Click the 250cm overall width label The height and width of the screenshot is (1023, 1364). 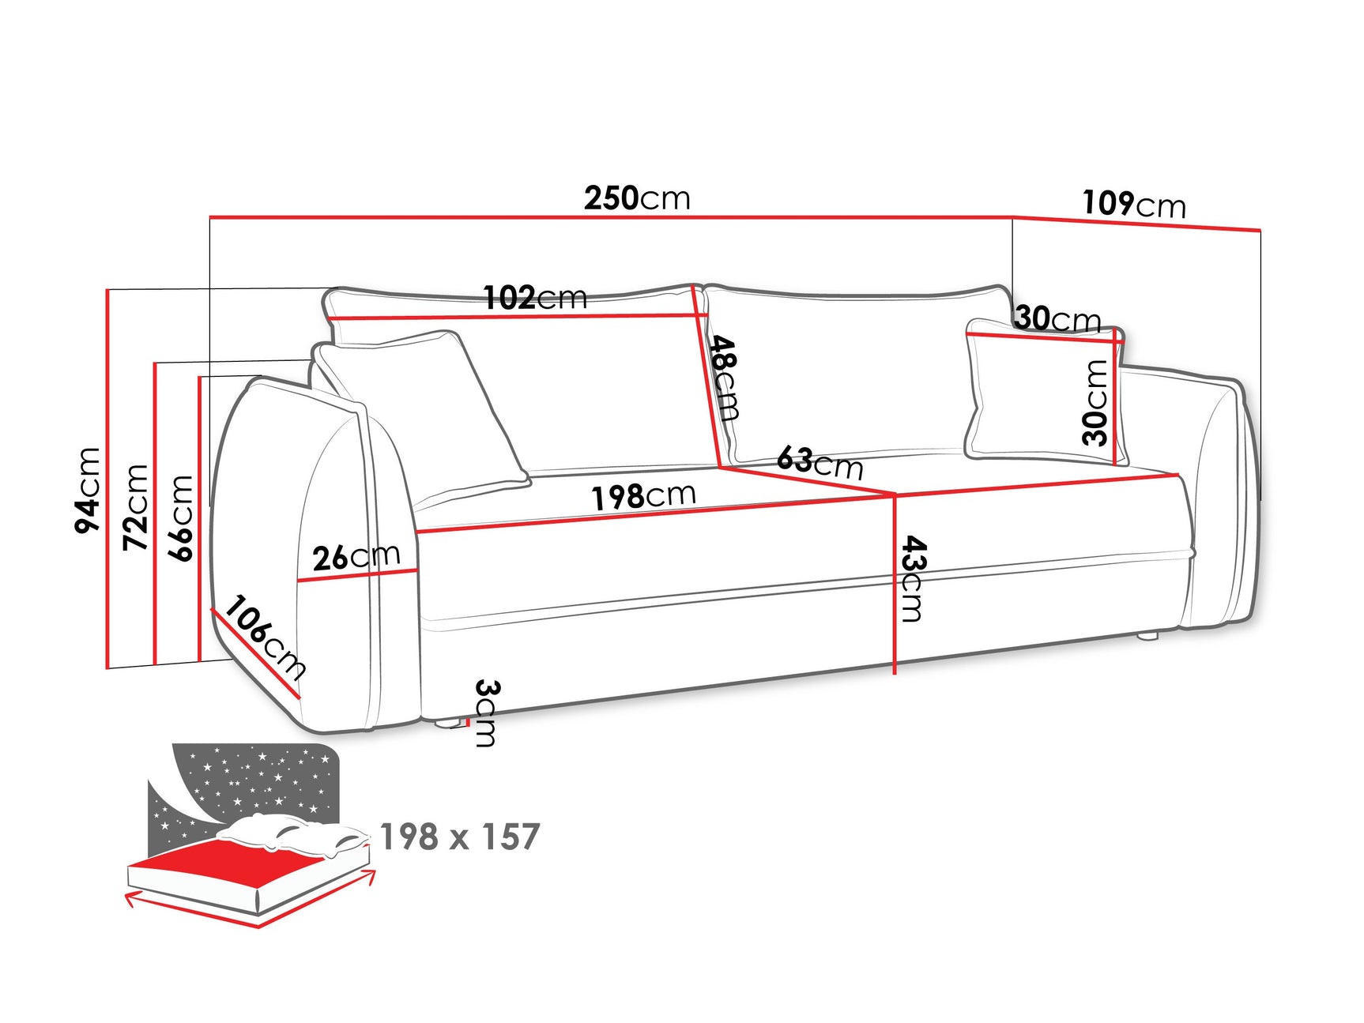click(637, 198)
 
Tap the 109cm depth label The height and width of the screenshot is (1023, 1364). click(1134, 205)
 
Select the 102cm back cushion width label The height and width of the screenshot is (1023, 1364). click(535, 298)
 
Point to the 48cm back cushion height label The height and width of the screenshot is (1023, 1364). click(724, 378)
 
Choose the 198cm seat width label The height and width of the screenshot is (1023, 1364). click(643, 497)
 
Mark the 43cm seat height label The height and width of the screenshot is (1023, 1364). click(913, 578)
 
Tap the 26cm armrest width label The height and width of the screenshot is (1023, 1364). click(356, 557)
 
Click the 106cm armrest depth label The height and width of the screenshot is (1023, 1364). click(265, 638)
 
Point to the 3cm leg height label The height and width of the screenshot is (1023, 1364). click(486, 713)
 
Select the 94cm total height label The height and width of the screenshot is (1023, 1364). click(88, 490)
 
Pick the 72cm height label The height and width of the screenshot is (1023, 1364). click(136, 507)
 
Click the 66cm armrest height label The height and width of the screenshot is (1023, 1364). click(181, 517)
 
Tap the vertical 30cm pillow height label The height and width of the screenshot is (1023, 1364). click(1096, 402)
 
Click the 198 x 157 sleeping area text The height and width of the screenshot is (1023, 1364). click(460, 837)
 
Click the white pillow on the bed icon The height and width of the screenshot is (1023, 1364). click(292, 833)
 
